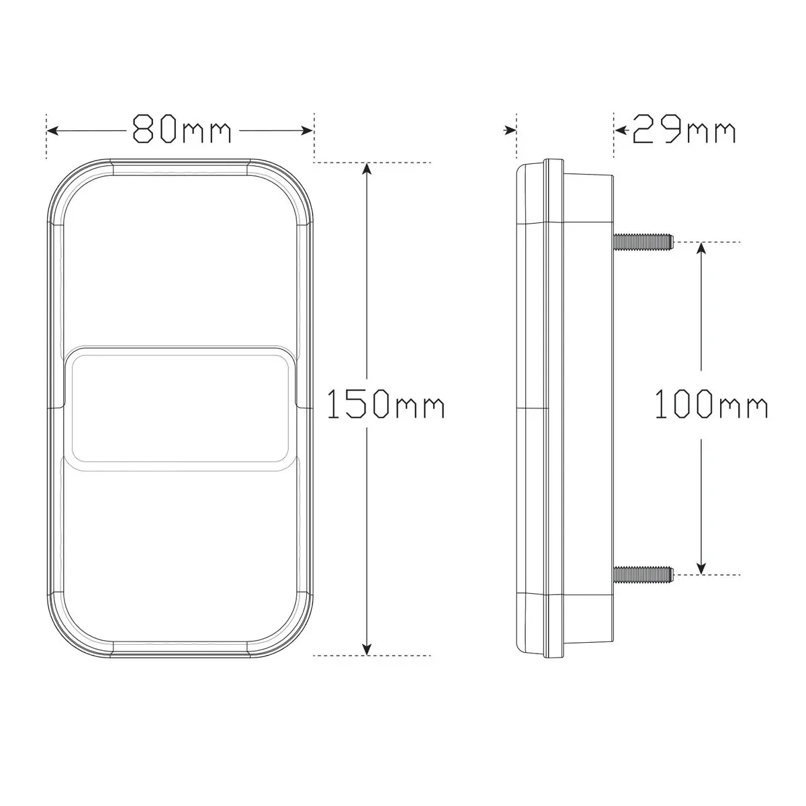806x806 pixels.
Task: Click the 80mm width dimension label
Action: click(182, 129)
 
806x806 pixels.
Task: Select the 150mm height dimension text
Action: click(386, 404)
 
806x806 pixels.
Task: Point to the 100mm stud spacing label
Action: click(711, 404)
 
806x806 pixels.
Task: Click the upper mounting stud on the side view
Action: click(643, 241)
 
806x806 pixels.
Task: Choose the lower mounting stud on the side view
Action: click(643, 574)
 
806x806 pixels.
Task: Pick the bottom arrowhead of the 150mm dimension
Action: click(367, 649)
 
